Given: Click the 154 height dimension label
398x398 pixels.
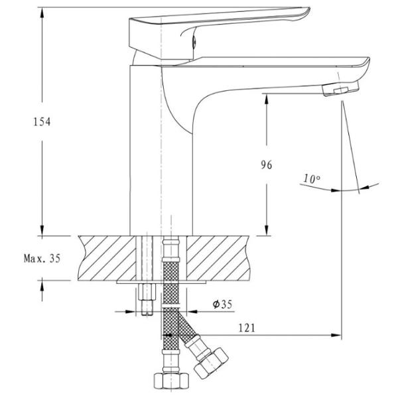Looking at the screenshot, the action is pyautogui.click(x=42, y=122).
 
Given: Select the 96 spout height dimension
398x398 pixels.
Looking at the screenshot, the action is pyautogui.click(x=267, y=165).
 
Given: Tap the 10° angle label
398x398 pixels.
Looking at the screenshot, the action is pyautogui.click(x=312, y=179).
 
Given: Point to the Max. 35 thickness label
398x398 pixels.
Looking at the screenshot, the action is pyautogui.click(x=42, y=259).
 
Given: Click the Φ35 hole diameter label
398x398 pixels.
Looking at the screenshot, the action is pyautogui.click(x=223, y=304).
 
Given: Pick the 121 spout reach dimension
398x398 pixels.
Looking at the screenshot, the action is pyautogui.click(x=247, y=328).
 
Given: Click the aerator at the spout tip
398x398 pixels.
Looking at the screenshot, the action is pyautogui.click(x=341, y=89).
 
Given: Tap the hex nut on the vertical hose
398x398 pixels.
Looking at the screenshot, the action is pyautogui.click(x=172, y=381).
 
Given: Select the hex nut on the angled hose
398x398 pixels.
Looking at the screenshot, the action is pyautogui.click(x=211, y=363).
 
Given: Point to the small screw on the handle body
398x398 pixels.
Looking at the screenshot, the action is pyautogui.click(x=194, y=41).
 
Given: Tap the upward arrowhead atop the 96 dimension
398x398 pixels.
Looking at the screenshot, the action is pyautogui.click(x=267, y=99).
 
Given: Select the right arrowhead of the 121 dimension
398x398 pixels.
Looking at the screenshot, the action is pyautogui.click(x=336, y=335).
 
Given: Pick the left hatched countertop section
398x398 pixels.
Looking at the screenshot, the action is pyautogui.click(x=107, y=258).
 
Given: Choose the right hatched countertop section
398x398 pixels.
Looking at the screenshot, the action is pyautogui.click(x=218, y=258).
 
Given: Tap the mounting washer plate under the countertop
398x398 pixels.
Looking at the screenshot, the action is pyautogui.click(x=161, y=282).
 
